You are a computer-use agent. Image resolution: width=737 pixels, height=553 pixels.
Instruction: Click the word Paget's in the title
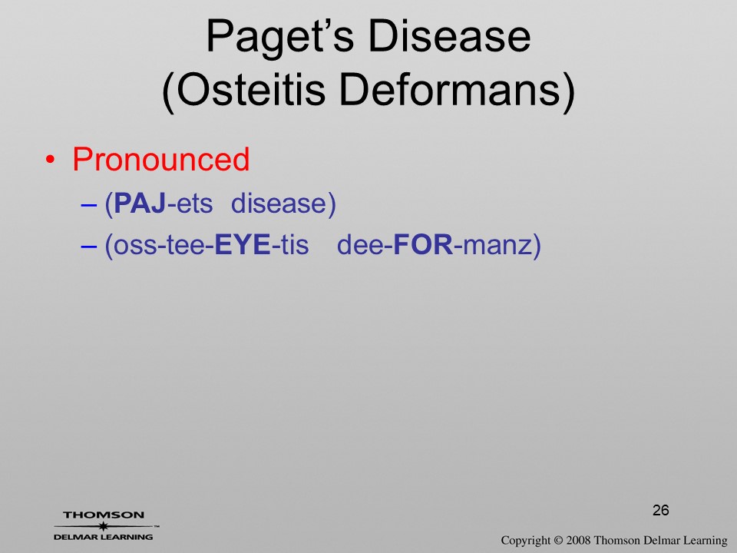[x=280, y=38]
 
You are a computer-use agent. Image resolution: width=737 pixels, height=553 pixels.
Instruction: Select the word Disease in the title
[x=450, y=36]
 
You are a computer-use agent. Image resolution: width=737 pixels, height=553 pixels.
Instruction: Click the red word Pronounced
[x=160, y=159]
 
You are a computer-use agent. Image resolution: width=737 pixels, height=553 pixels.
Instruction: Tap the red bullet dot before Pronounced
[x=50, y=161]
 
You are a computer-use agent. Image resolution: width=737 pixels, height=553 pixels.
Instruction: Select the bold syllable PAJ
[x=140, y=204]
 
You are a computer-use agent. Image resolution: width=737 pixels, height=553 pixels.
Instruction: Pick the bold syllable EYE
[x=243, y=244]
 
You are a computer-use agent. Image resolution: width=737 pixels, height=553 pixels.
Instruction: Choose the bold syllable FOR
[x=423, y=244]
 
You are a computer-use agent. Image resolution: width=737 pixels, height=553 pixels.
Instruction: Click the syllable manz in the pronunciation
[x=497, y=246]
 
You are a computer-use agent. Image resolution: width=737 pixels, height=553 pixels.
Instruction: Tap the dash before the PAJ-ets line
[x=89, y=206]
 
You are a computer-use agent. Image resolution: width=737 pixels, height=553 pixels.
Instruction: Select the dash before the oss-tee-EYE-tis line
[x=89, y=247]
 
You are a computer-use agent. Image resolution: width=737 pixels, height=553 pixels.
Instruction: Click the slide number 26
[x=660, y=510]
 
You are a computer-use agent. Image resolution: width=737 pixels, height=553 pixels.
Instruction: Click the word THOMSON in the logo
[x=104, y=515]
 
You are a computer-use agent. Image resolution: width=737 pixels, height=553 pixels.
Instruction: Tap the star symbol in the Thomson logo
[x=103, y=526]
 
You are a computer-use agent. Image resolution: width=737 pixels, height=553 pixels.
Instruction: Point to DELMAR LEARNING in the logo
[x=103, y=537]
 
